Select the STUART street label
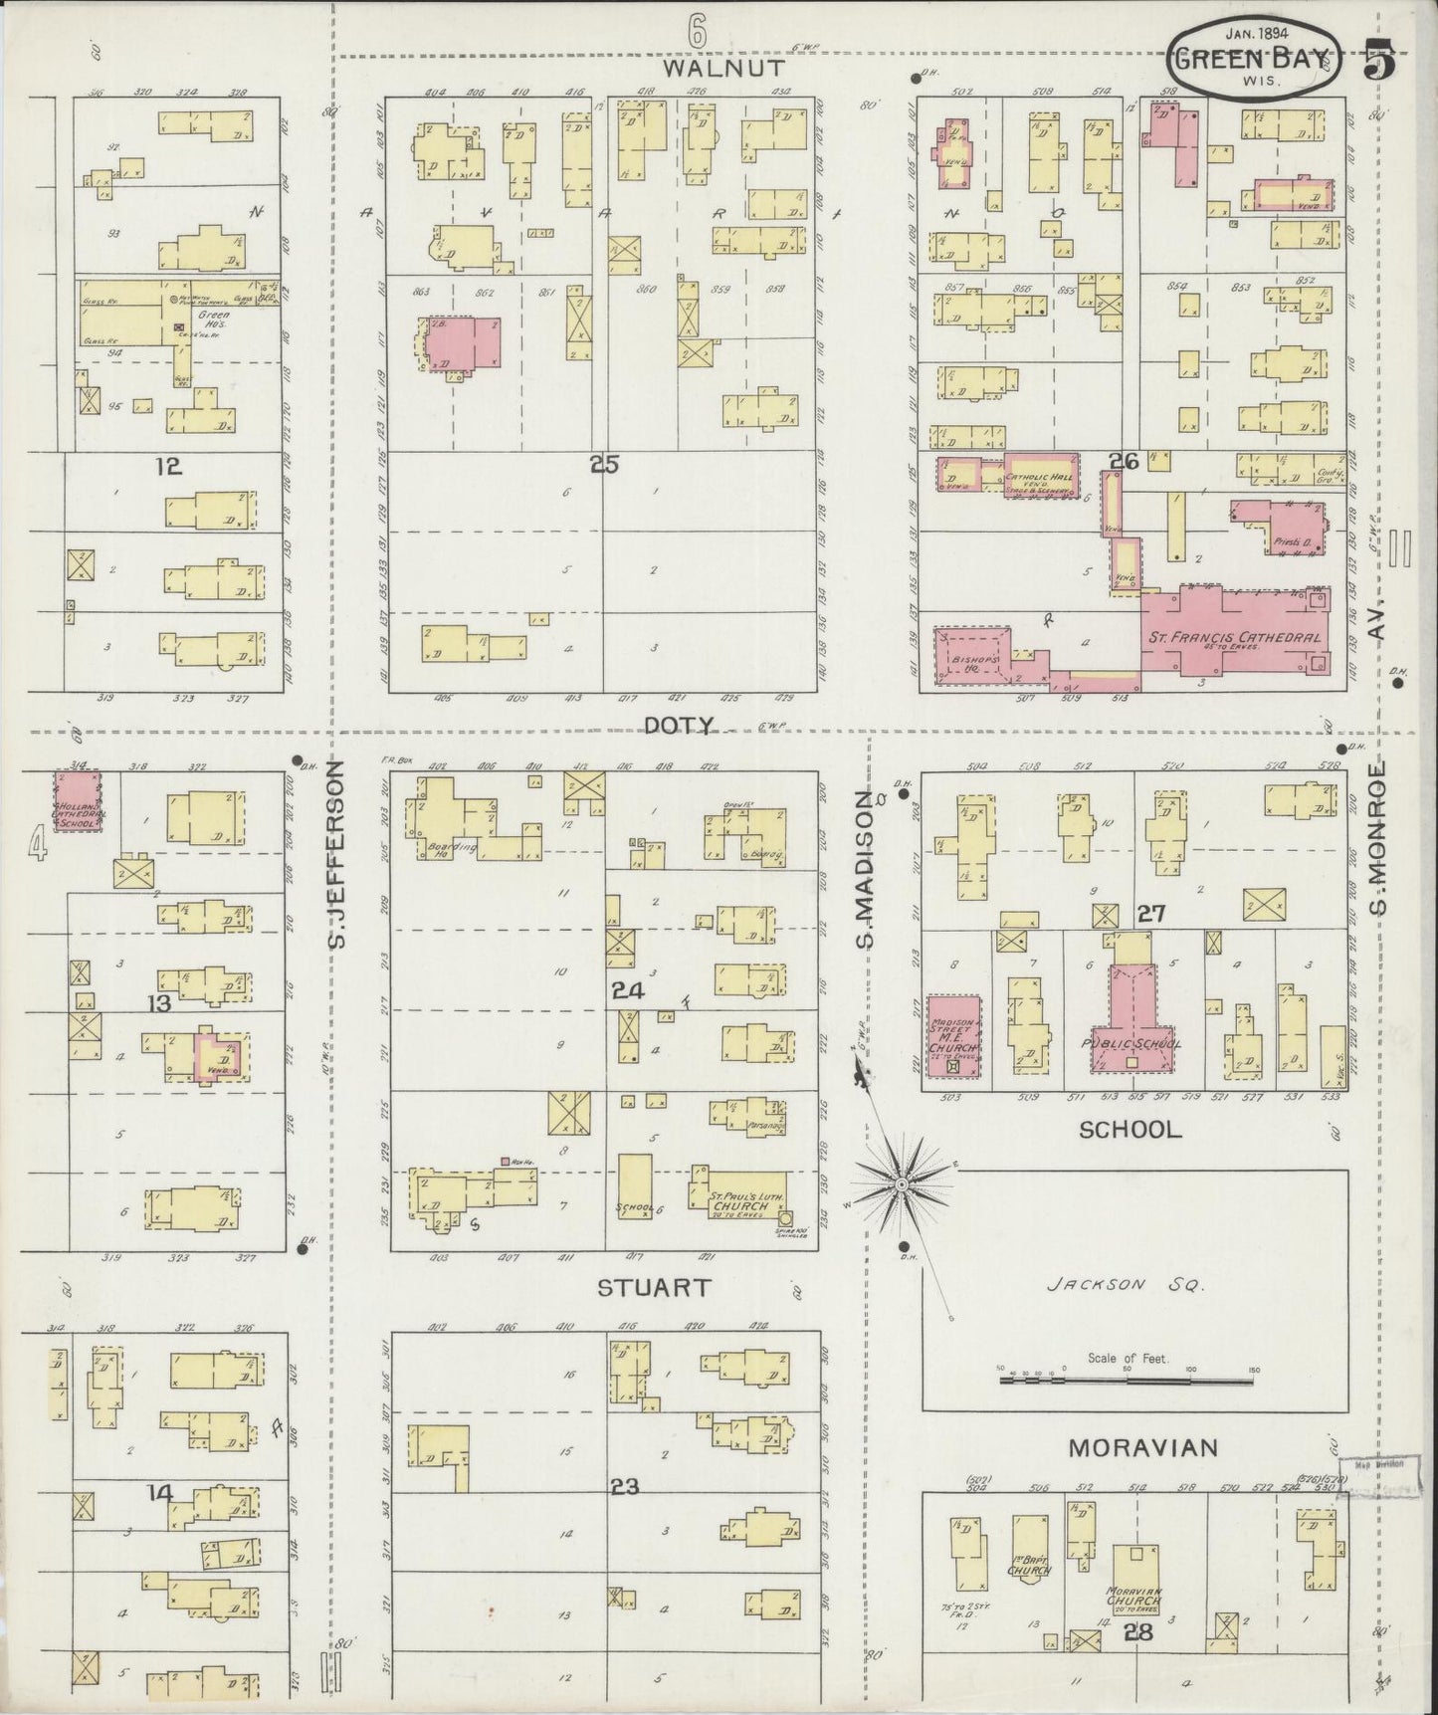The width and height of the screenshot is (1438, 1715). [653, 1287]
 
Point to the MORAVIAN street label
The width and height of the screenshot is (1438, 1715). [1143, 1447]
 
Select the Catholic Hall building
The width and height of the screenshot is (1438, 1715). [1041, 471]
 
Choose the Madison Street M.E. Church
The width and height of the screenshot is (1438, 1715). [953, 1035]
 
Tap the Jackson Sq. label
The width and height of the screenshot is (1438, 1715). [1125, 1284]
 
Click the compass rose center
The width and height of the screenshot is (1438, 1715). [901, 1183]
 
